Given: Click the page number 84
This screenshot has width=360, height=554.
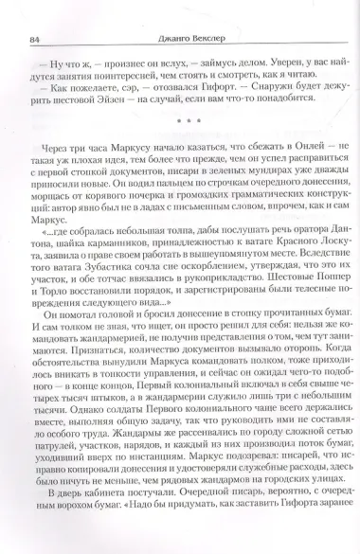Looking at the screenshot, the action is [35, 11].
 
